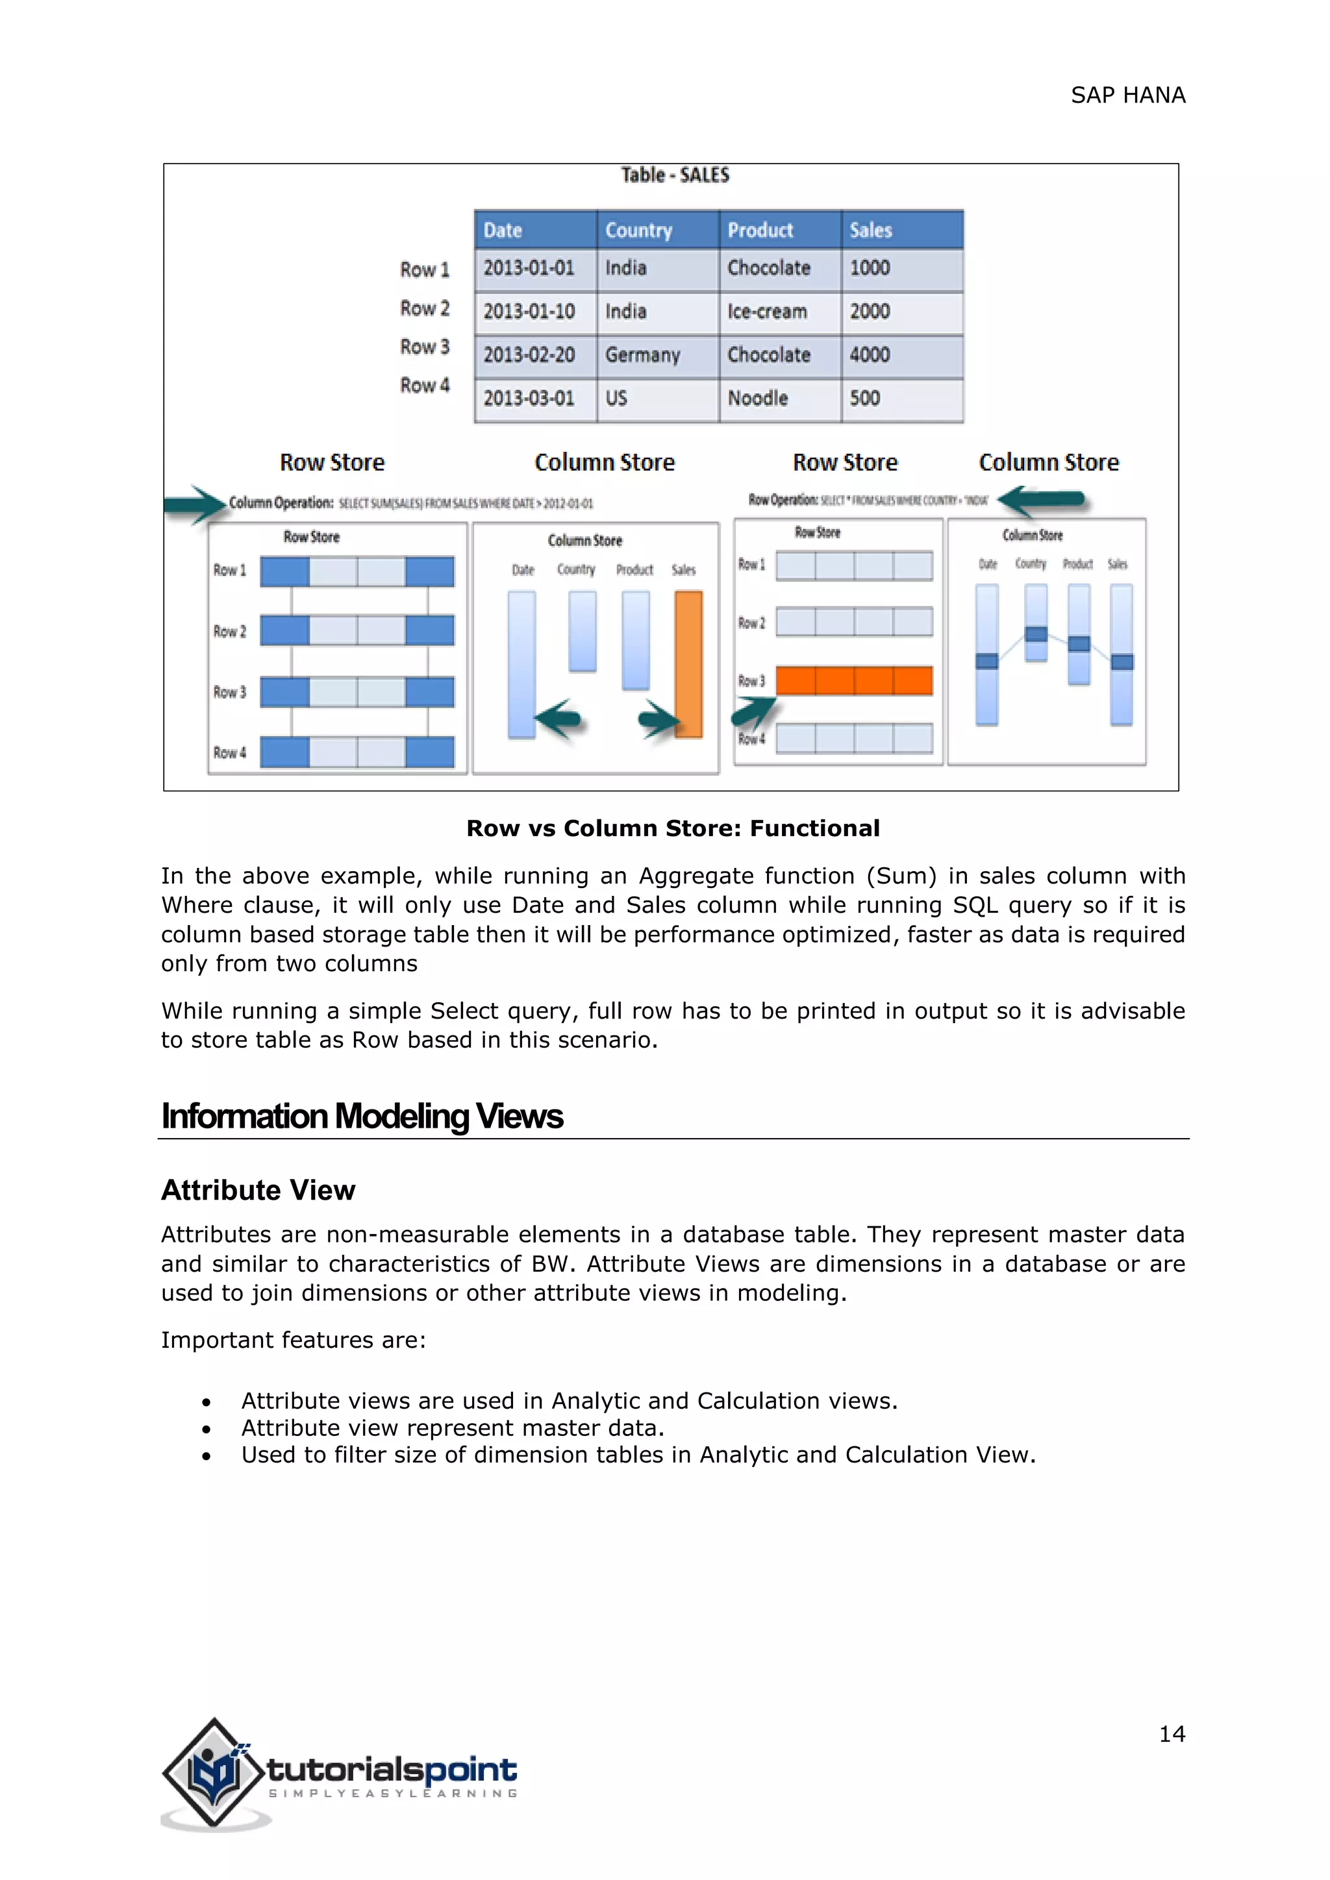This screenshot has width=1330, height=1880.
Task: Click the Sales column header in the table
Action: [x=901, y=230]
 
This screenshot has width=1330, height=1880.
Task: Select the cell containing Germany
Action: [x=643, y=355]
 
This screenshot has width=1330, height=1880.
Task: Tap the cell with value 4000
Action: [x=870, y=355]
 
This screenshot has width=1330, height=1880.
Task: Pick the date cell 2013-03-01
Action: [x=529, y=399]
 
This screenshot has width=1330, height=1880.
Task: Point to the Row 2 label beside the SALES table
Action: [x=424, y=309]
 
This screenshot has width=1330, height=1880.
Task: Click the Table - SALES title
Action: [x=675, y=175]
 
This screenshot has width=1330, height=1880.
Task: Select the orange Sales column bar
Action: [x=689, y=664]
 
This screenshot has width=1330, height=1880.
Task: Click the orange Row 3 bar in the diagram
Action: [x=853, y=680]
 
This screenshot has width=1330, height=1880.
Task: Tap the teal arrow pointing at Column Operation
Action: [x=195, y=504]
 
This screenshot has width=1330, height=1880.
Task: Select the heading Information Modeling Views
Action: [x=362, y=1116]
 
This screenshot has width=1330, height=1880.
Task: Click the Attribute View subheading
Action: [x=258, y=1190]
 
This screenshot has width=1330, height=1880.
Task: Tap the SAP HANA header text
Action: [x=1128, y=96]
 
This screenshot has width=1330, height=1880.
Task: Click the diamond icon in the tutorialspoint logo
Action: [x=214, y=1773]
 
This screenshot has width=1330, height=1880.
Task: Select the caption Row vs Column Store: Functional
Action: [x=672, y=828]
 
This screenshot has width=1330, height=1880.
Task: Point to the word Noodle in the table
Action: [x=758, y=399]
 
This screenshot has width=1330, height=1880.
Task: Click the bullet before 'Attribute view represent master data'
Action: [x=207, y=1429]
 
